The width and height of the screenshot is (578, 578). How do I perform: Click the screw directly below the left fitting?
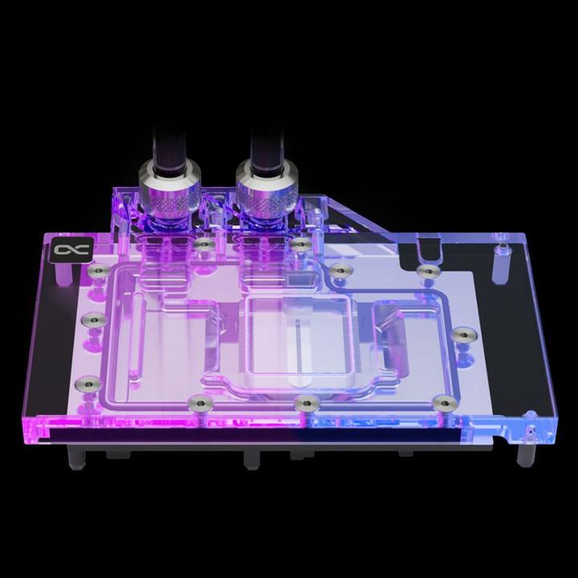[x=204, y=242]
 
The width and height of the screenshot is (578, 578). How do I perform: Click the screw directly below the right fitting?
[x=299, y=242]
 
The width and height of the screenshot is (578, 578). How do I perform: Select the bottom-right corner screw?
[x=440, y=401]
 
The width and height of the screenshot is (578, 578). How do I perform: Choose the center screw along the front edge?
[x=303, y=401]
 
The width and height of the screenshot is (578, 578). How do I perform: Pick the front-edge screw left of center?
[x=195, y=401]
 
